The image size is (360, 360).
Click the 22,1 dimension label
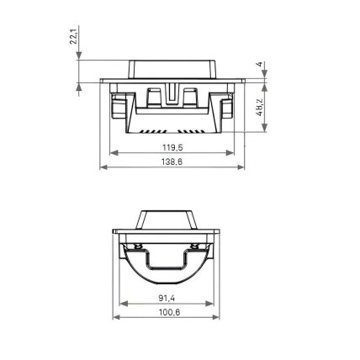click(73, 36)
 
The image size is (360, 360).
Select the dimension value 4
click(260, 64)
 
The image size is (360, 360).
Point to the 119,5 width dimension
click(172, 147)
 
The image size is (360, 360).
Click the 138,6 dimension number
click(172, 161)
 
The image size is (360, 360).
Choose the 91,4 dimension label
click(167, 298)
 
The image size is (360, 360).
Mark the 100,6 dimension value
click(170, 312)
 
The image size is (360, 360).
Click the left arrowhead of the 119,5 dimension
click(114, 153)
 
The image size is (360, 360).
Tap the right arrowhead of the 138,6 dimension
click(241, 167)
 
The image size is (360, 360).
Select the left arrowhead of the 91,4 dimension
click(124, 304)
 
